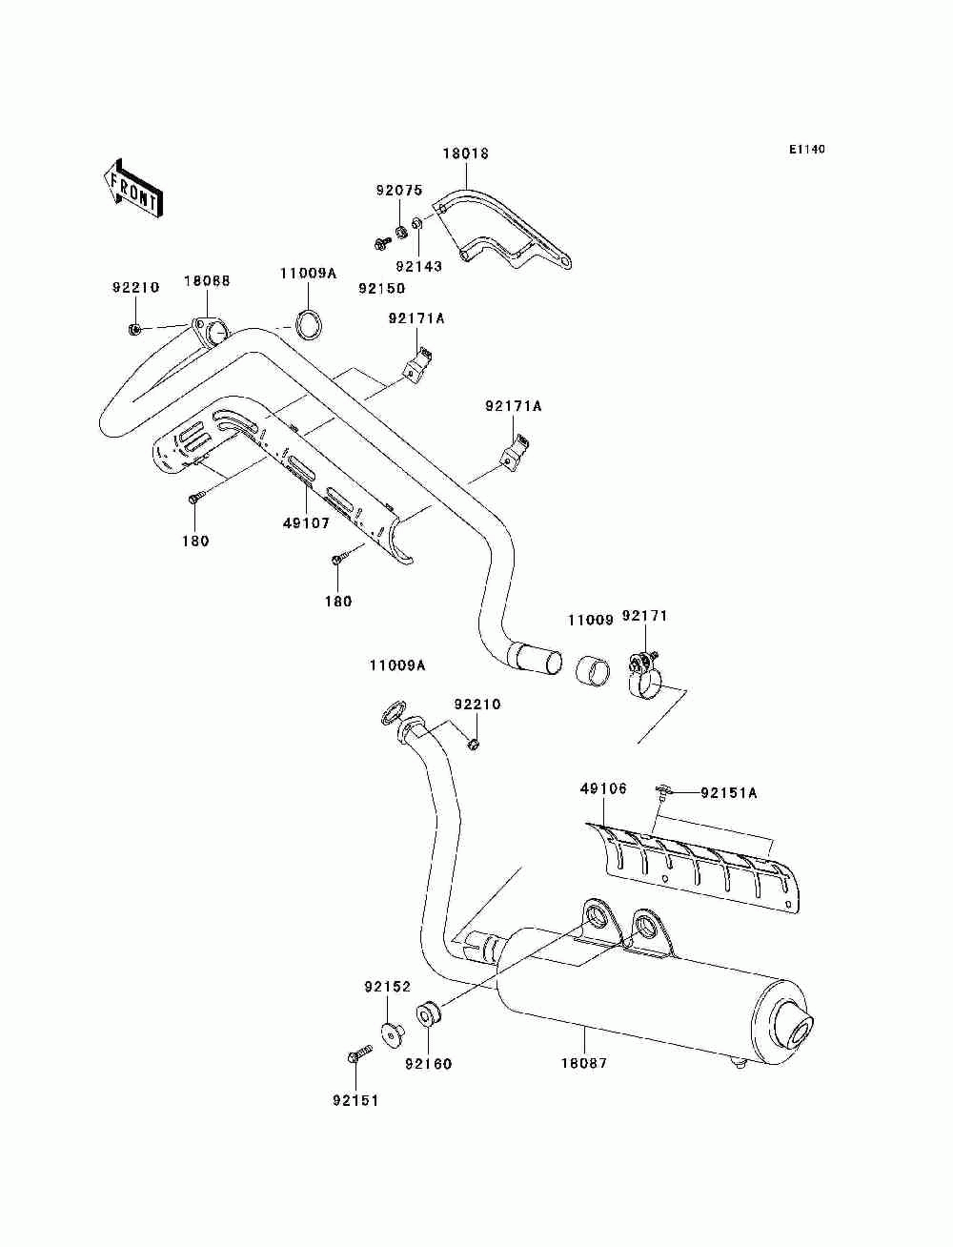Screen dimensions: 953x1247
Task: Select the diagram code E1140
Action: click(806, 150)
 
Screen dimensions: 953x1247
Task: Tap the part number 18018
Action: click(466, 153)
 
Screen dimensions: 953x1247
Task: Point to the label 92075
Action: click(399, 191)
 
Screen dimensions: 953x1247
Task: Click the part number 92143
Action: click(418, 266)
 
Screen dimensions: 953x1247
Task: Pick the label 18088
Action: click(207, 281)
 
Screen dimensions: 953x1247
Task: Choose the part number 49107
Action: click(306, 523)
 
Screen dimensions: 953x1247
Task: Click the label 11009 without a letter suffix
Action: click(591, 620)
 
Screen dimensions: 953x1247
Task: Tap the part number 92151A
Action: click(729, 792)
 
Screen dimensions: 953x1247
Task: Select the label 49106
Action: click(603, 788)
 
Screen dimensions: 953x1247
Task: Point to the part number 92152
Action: click(387, 987)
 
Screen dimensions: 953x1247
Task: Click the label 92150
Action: click(381, 289)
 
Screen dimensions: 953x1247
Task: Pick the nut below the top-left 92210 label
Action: click(134, 329)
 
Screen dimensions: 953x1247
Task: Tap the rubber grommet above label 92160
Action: click(430, 1014)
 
